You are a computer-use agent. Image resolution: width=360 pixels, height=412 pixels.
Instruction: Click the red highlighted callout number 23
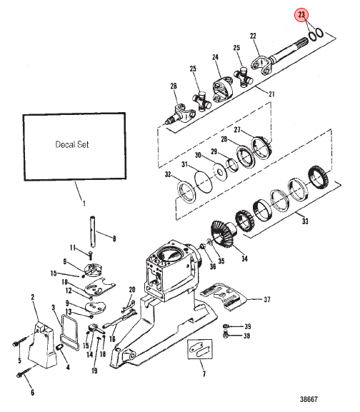301,15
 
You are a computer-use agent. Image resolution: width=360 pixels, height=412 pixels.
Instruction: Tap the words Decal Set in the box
72,144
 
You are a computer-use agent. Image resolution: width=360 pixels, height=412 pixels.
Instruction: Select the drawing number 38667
309,400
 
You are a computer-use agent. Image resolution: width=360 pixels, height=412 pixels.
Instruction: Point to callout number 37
266,299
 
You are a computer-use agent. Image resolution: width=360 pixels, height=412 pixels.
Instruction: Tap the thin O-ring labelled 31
204,181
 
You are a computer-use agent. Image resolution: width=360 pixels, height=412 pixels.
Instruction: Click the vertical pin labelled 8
92,231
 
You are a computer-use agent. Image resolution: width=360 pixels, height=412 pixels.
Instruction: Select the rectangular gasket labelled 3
69,333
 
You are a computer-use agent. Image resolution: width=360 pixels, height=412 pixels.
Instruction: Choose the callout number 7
204,373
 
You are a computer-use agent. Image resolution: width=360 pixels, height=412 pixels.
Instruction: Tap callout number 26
174,86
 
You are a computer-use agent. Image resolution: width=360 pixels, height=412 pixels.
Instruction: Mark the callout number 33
305,221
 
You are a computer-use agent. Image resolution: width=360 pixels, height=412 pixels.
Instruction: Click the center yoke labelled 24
222,89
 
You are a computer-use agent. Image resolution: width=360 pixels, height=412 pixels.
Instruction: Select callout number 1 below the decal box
84,203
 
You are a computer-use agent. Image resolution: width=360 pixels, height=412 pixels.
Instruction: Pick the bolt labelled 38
225,335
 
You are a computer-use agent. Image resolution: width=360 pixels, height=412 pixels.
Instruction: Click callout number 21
271,94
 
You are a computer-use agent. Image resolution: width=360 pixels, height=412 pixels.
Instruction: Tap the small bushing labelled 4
59,348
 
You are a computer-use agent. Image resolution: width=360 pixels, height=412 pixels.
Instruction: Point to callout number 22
253,36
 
